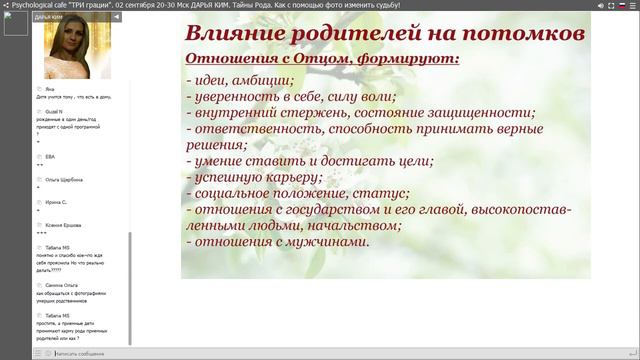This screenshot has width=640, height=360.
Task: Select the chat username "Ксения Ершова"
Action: point(63,225)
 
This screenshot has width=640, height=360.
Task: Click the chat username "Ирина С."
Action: point(56,202)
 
